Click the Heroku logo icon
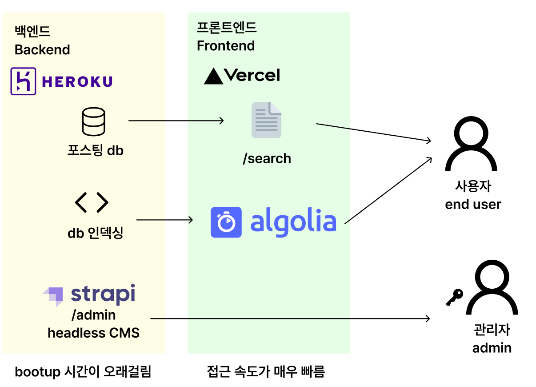click(x=23, y=81)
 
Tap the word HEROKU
click(x=77, y=81)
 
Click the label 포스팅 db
click(x=95, y=150)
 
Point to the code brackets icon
click(x=92, y=202)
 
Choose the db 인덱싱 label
click(x=95, y=233)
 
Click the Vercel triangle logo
click(x=213, y=77)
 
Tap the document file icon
click(x=267, y=120)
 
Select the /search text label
click(x=267, y=158)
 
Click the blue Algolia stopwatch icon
click(x=226, y=222)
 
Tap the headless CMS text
click(x=94, y=332)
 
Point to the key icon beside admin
click(x=454, y=297)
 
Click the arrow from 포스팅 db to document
click(x=176, y=120)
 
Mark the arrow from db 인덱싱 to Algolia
click(x=165, y=220)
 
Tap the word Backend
click(x=42, y=49)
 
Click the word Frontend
click(x=226, y=46)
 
